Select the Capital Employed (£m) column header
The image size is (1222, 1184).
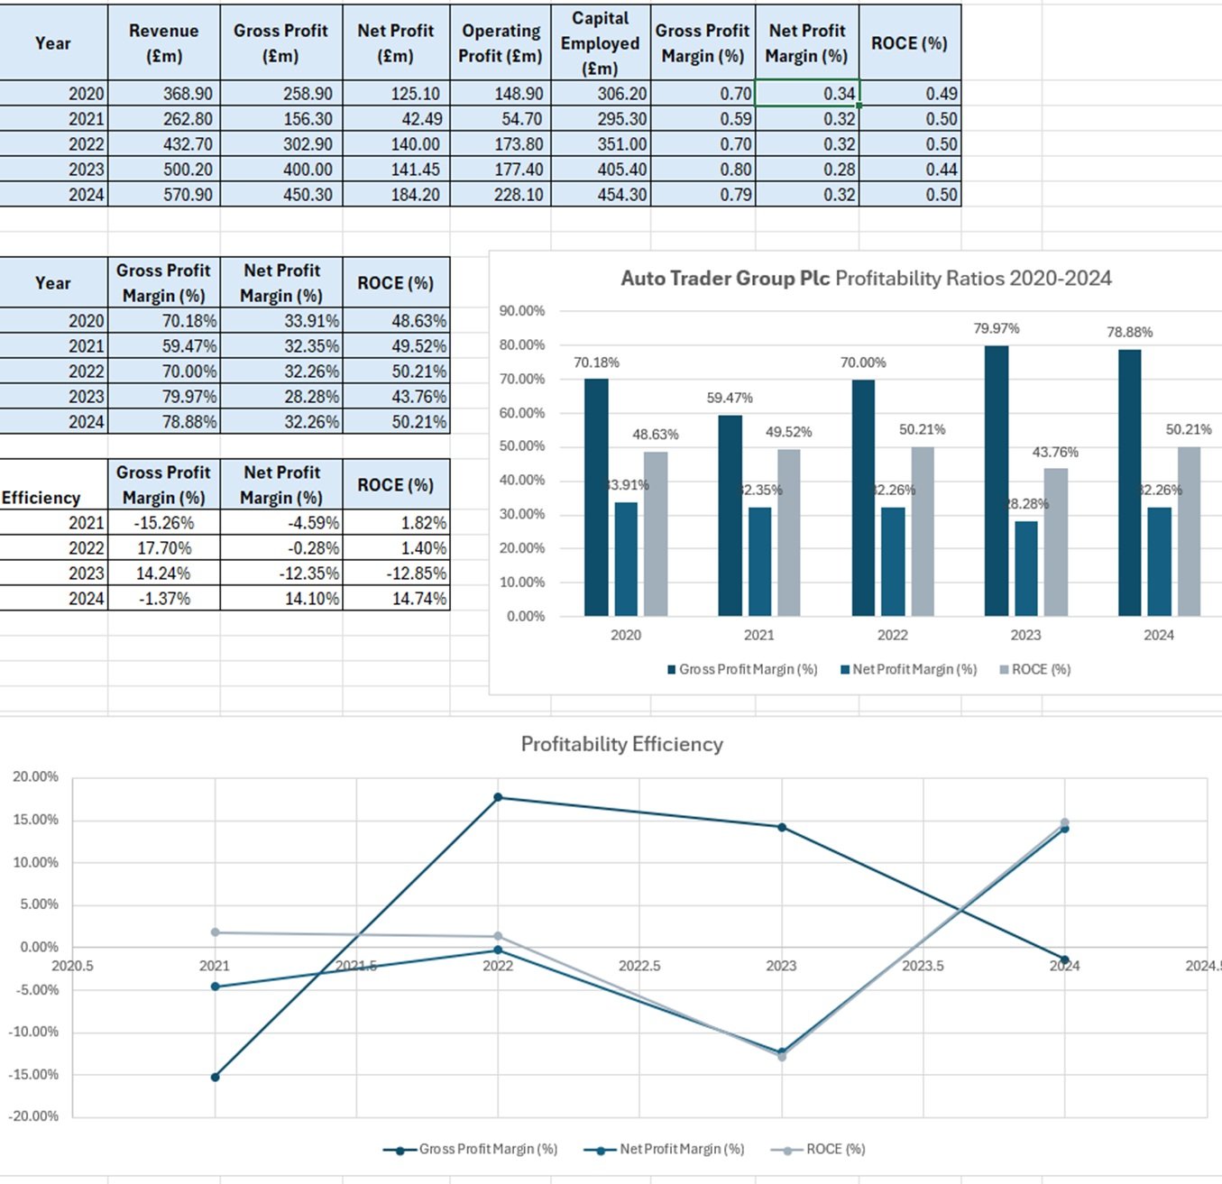pos(600,42)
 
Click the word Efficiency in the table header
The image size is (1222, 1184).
pos(41,498)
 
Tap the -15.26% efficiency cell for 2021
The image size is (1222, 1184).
pos(164,523)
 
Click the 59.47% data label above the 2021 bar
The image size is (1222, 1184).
pos(730,398)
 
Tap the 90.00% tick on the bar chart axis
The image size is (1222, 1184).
pos(522,311)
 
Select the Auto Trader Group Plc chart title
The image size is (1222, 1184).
pos(866,278)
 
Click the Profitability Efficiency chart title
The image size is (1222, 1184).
pos(622,744)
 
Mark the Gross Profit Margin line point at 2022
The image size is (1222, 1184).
pos(498,797)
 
